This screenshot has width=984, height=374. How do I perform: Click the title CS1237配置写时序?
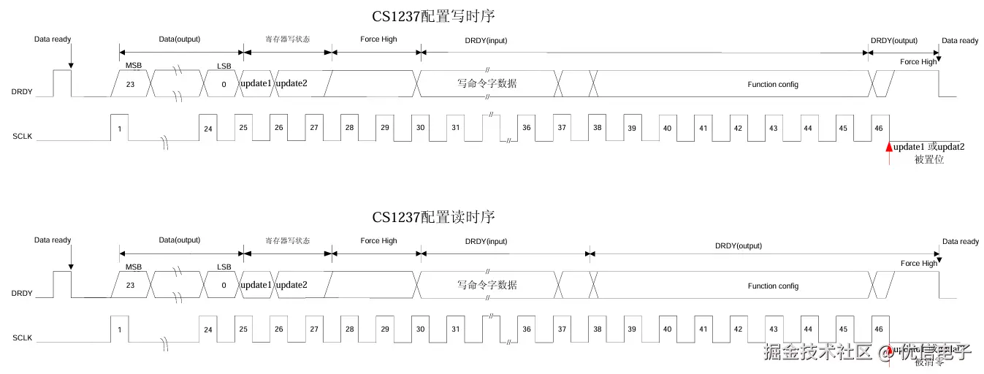coord(438,15)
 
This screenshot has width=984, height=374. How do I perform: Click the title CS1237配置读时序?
coord(434,217)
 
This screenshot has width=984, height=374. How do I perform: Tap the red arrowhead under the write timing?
coord(889,147)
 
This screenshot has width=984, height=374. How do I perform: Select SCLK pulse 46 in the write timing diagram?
coord(877,128)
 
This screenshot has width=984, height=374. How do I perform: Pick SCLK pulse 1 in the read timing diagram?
coord(119,329)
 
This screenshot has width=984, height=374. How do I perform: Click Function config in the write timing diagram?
coord(772,85)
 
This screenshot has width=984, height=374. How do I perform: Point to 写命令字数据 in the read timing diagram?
coord(487,285)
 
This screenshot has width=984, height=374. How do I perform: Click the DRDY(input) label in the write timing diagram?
coord(486,40)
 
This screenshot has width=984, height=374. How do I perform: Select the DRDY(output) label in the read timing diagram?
coord(738,246)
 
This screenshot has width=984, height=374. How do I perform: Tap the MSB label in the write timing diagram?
coord(134,66)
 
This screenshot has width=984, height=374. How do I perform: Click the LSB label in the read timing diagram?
coord(224,267)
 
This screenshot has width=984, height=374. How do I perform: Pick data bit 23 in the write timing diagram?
coord(130,84)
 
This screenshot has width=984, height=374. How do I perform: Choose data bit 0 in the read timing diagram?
coord(224,286)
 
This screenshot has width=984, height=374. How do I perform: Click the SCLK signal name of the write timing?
coord(23,136)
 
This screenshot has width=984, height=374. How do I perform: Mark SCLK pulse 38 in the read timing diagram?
coord(597,329)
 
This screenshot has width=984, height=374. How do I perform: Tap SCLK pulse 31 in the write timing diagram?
coord(455,128)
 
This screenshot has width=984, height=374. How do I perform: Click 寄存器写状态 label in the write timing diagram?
coord(287,39)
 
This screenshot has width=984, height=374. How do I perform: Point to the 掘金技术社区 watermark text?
coord(817,352)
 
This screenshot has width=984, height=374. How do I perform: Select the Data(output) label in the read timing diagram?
coord(179,240)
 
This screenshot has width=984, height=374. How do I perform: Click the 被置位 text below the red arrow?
coord(929,159)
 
